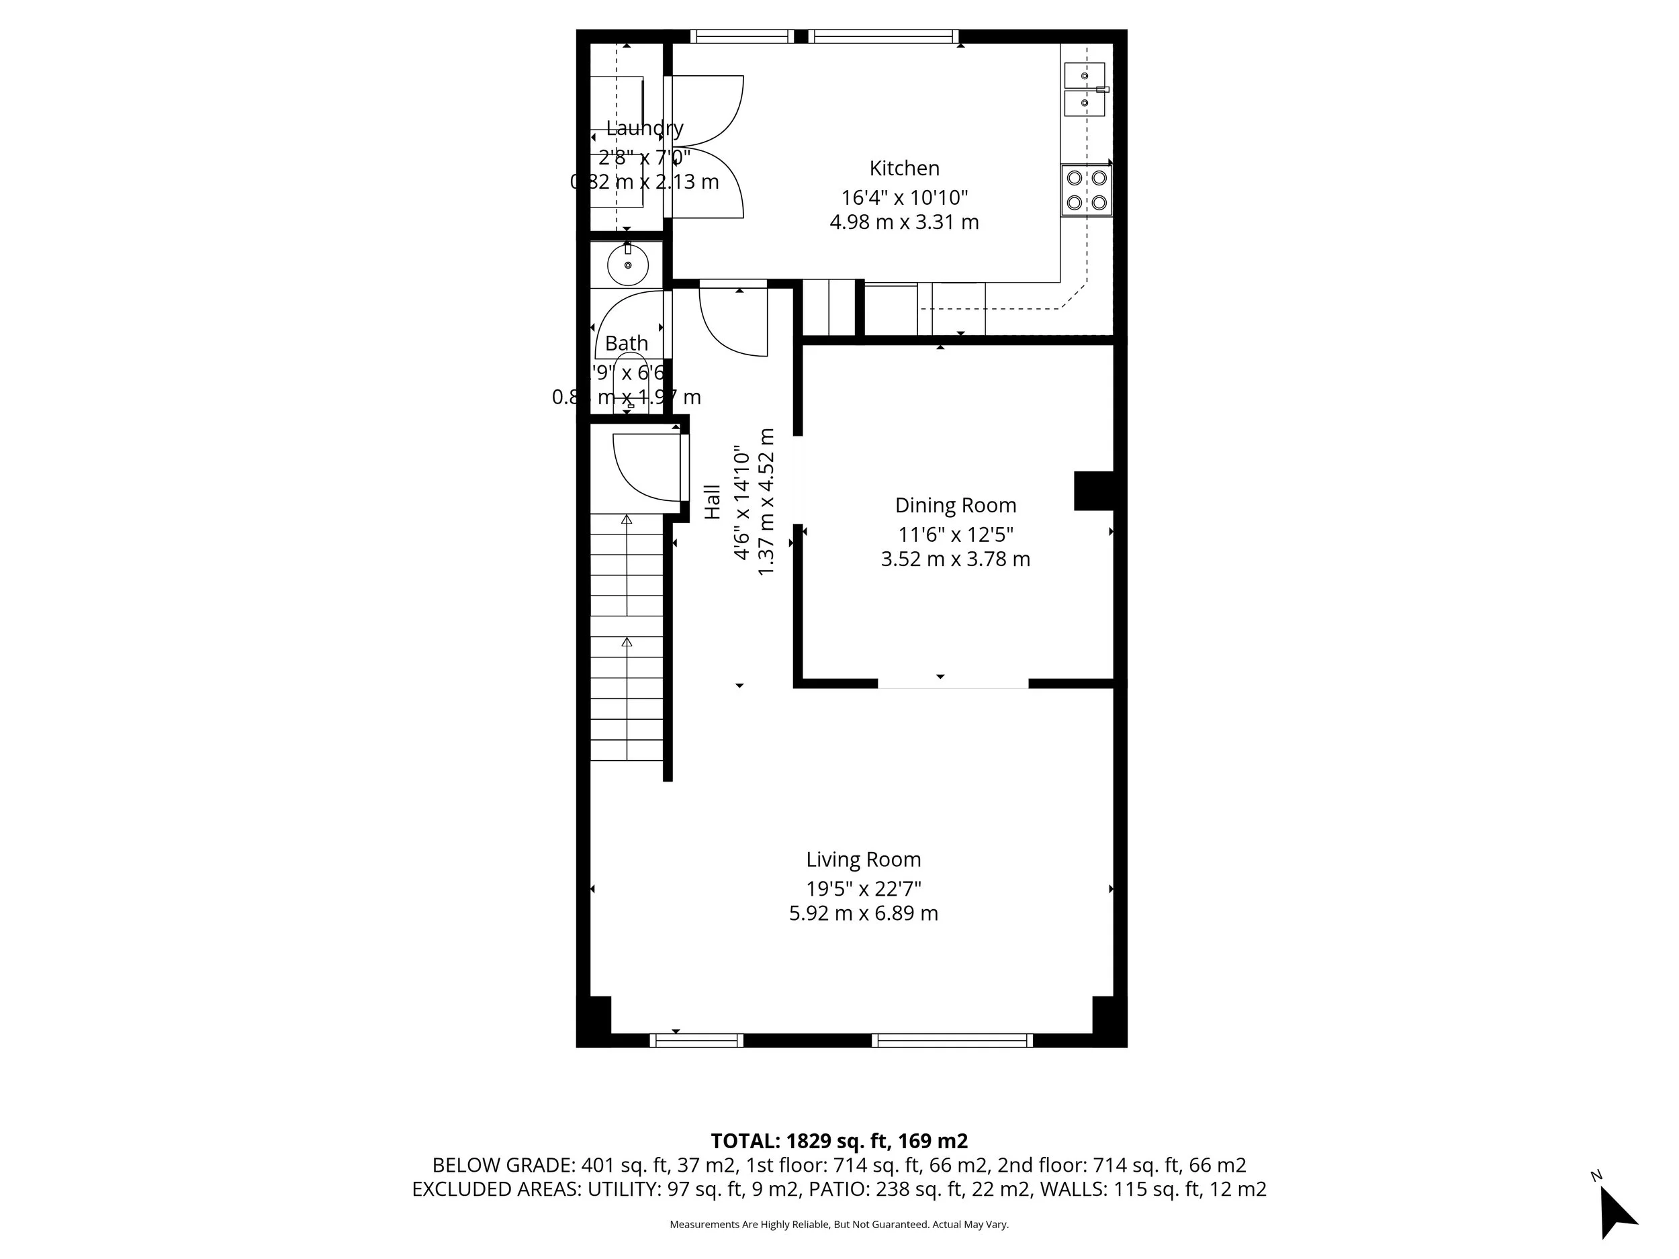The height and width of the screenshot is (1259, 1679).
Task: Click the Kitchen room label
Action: [x=903, y=169]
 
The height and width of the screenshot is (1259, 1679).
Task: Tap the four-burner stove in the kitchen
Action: [x=1086, y=190]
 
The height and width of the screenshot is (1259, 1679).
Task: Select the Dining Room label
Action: [x=955, y=506]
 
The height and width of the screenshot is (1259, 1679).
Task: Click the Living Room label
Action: [x=863, y=860]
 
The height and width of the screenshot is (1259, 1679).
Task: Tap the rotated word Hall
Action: [x=712, y=502]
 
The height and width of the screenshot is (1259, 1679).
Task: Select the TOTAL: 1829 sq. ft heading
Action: [x=838, y=1141]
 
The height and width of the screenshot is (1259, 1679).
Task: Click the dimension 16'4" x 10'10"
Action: [x=903, y=198]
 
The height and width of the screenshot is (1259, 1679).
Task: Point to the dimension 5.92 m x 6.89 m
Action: [x=863, y=913]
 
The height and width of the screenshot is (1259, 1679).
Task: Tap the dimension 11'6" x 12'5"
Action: [x=955, y=535]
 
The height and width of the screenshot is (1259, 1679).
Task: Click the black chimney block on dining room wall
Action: [x=1093, y=490]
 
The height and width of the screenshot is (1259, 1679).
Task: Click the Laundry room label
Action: [x=645, y=128]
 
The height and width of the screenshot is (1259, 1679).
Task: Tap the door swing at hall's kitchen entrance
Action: [x=733, y=319]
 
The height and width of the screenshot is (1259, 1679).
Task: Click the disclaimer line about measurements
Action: [x=838, y=1224]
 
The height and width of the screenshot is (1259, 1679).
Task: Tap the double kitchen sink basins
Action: [x=1084, y=89]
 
